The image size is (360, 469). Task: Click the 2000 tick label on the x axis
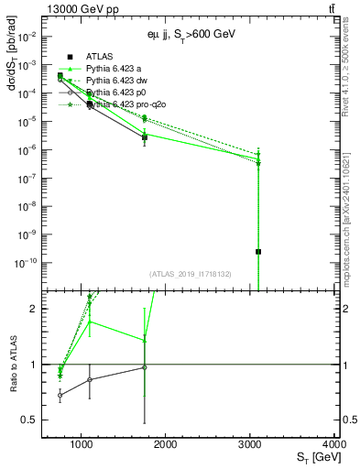click(x=166, y=444)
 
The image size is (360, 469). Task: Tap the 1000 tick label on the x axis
click(x=82, y=444)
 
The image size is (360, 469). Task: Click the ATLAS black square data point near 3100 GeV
click(x=258, y=251)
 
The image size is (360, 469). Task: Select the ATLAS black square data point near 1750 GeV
click(x=145, y=137)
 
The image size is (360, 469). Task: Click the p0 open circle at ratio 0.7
click(x=60, y=396)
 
